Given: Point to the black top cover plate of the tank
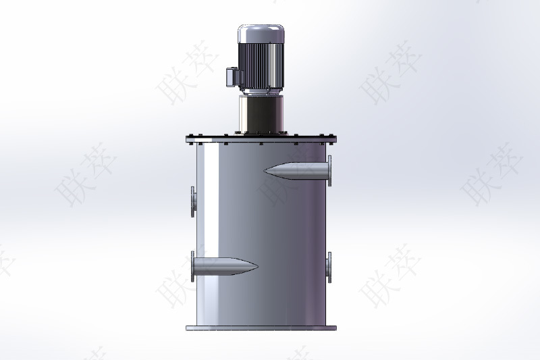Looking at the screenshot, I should [261, 140].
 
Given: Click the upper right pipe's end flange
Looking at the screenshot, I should [330, 170].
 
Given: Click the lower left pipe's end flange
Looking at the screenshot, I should [193, 266].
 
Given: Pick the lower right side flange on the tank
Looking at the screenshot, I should [329, 267].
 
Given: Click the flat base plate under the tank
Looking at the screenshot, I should [261, 328].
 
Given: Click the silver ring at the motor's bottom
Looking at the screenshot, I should [259, 91].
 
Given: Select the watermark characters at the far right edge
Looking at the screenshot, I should [496, 173].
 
